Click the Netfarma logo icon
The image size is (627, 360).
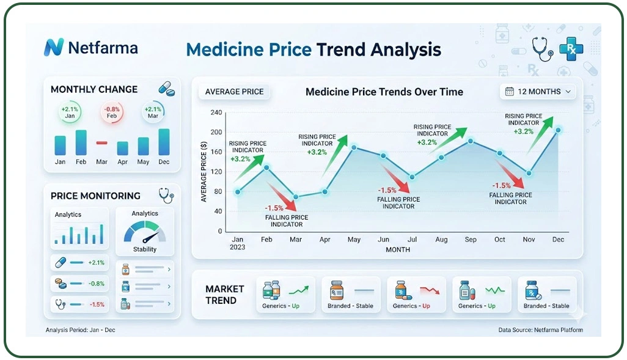(54, 48)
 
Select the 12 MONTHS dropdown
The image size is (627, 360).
(538, 92)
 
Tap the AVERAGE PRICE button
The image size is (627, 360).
(234, 92)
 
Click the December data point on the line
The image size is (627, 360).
(557, 130)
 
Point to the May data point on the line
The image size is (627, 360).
(354, 147)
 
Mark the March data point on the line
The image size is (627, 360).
(296, 197)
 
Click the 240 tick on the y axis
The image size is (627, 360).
(216, 112)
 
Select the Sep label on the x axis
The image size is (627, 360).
(470, 240)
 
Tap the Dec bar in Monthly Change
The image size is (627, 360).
(164, 142)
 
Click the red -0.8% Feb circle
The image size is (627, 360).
(112, 112)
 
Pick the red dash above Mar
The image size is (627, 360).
(101, 142)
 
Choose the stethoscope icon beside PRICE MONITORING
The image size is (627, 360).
(166, 196)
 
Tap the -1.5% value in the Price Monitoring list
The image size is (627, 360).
(97, 304)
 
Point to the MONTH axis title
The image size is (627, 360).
(398, 250)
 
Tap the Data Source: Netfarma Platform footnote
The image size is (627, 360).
(540, 330)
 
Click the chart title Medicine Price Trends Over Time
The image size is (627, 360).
(384, 92)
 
